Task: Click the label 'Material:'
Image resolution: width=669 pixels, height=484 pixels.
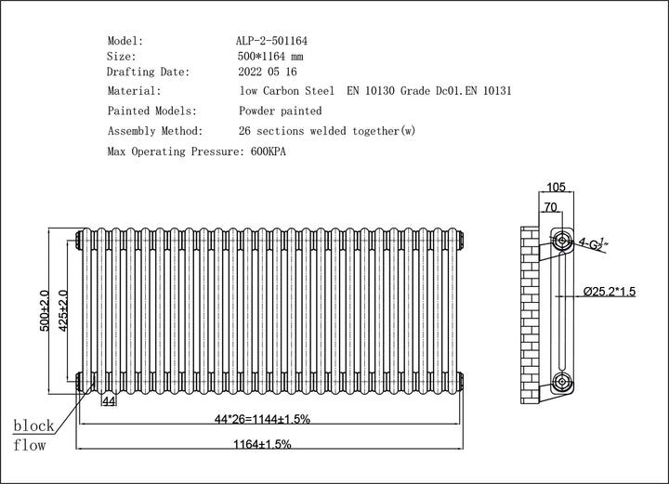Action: pos(135,91)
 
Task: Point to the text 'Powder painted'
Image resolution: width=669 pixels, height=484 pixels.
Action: pos(281,111)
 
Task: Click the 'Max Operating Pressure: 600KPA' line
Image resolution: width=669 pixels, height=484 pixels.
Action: pos(197,150)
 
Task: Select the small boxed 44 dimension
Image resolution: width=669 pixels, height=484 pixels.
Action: pos(109,400)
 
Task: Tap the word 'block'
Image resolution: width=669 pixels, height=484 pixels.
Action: pos(33,426)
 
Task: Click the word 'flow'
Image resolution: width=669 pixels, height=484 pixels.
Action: pos(30,446)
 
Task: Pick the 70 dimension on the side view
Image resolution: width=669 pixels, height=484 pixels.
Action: pos(550,208)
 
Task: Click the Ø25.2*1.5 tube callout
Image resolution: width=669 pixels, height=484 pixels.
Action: pos(610,292)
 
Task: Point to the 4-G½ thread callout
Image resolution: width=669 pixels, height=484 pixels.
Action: pos(593,243)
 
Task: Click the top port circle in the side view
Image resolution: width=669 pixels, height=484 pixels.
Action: pos(562,241)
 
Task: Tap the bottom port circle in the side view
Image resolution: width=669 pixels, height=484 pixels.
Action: pos(562,380)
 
